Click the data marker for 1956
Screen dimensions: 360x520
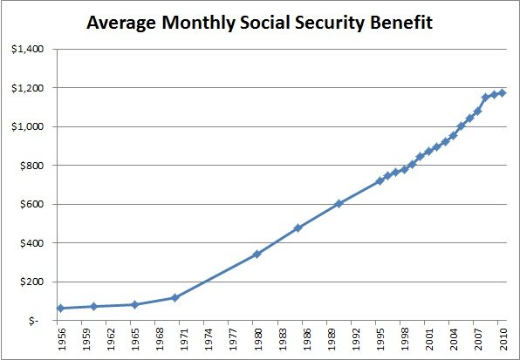60,309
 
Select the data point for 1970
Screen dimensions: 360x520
174,297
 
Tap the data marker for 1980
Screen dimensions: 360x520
257,255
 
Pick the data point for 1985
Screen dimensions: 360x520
298,228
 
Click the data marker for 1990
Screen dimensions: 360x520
339,204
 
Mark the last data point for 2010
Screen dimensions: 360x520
502,92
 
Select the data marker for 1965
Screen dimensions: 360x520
134,304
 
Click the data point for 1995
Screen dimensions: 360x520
380,181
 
